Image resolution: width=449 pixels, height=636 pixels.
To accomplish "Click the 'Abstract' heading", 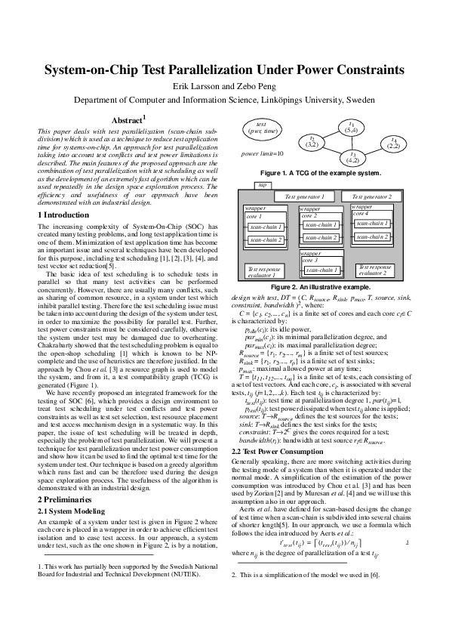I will click(128, 119).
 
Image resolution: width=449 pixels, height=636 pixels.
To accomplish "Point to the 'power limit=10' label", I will click(261, 153).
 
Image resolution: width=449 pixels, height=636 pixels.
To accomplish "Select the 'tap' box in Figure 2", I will click(262, 184).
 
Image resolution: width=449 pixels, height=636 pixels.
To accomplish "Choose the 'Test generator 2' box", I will click(377, 196).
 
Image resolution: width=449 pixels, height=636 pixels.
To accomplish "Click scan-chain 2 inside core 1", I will click(266, 240).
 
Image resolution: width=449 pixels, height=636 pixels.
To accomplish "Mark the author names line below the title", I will click(224, 86).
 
